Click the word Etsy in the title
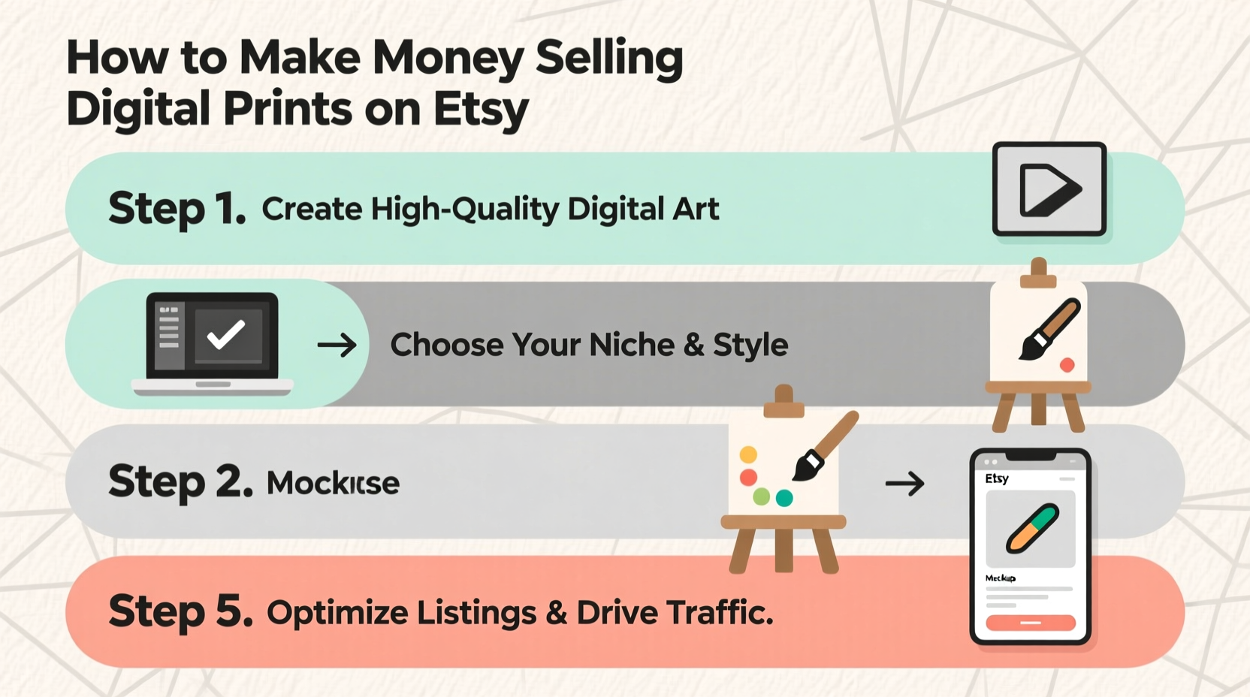click(481, 109)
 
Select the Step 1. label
click(177, 208)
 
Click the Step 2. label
click(180, 481)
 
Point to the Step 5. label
click(180, 611)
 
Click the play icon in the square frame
click(1049, 189)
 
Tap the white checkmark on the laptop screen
click(226, 334)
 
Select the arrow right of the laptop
click(337, 345)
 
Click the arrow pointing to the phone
click(904, 484)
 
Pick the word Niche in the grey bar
click(632, 345)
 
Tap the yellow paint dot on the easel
click(748, 454)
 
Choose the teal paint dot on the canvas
click(784, 498)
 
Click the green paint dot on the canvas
click(762, 496)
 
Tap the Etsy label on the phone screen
click(997, 478)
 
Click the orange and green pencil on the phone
click(1032, 529)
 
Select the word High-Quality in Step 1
click(465, 209)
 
